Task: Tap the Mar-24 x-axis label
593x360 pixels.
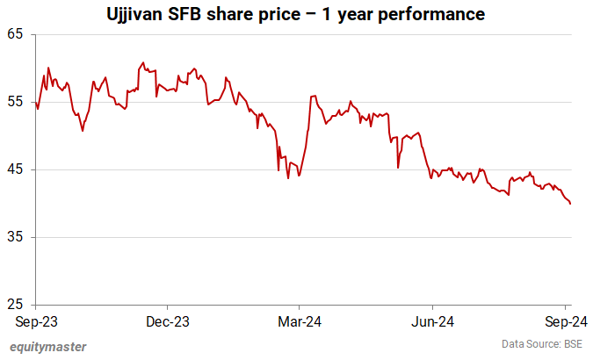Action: [299, 321]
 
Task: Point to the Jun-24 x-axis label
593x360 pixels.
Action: [433, 321]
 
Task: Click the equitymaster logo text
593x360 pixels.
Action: [48, 346]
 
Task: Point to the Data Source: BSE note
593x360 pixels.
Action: [542, 343]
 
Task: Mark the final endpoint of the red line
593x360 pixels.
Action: [571, 204]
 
